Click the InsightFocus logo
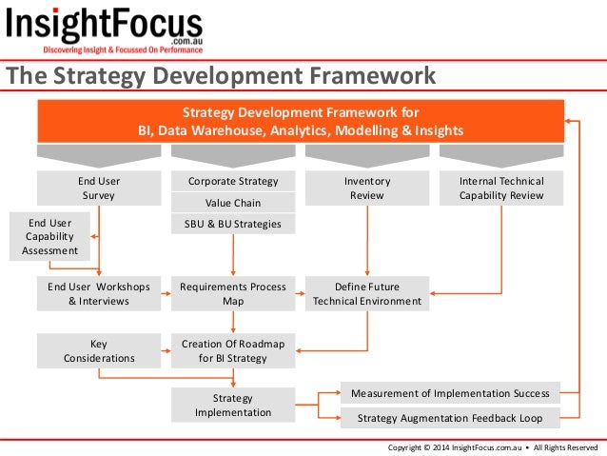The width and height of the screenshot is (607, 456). pyautogui.click(x=105, y=30)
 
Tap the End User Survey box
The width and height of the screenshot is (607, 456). pyautogui.click(x=98, y=188)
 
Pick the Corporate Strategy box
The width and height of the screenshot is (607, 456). pyautogui.click(x=233, y=181)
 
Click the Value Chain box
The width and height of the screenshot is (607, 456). pyautogui.click(x=233, y=203)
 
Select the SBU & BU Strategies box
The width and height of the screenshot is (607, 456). pyautogui.click(x=233, y=225)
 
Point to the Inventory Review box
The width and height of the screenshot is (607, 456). pyautogui.click(x=366, y=188)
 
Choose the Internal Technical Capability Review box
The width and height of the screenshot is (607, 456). pyautogui.click(x=500, y=188)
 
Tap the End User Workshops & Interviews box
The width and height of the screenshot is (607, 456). pyautogui.click(x=98, y=293)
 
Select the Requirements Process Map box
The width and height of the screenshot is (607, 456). pyautogui.click(x=233, y=293)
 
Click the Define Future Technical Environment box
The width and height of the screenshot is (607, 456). pyautogui.click(x=366, y=293)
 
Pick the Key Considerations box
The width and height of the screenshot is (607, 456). pyautogui.click(x=98, y=350)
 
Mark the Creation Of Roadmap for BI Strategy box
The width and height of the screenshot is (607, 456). pyautogui.click(x=233, y=350)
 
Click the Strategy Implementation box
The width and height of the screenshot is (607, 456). pyautogui.click(x=233, y=406)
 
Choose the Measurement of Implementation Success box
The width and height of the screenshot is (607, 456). pyautogui.click(x=450, y=393)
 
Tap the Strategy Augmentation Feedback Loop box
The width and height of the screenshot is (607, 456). pyautogui.click(x=450, y=417)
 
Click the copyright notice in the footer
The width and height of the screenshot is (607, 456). pyautogui.click(x=491, y=446)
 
